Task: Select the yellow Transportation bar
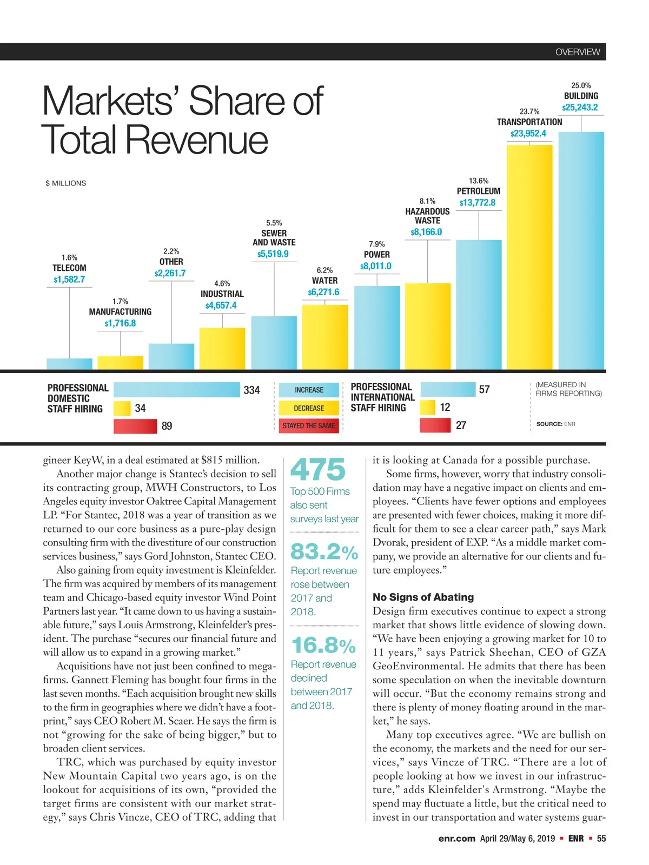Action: pos(529,257)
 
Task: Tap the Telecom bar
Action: pos(69,364)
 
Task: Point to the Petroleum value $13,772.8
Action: pos(477,203)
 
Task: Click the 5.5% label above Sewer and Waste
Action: pos(274,223)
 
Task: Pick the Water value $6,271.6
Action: pos(324,292)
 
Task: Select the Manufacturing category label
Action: pos(120,312)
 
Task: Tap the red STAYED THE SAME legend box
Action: pos(309,426)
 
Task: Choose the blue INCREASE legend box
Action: pos(309,390)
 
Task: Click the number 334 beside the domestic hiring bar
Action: pos(251,390)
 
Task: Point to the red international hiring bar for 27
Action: pos(435,425)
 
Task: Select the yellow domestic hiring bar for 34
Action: pos(122,408)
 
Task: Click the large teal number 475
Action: pos(318,469)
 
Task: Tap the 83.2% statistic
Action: pos(324,552)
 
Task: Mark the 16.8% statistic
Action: pos(323,646)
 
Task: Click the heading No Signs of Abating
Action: pos(423,597)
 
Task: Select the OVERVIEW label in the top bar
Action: pos(578,52)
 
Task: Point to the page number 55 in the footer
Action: pos(601,839)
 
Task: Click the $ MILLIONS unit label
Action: pos(66,183)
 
